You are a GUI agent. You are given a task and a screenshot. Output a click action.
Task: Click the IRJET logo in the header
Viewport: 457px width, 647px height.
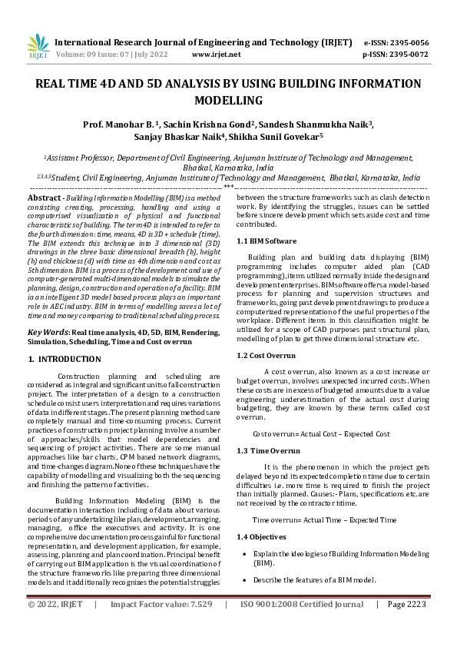(x=38, y=46)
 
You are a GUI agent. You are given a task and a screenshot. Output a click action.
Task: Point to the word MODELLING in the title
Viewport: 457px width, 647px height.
(x=228, y=101)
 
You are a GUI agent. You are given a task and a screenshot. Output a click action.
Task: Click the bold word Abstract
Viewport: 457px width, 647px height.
(x=45, y=198)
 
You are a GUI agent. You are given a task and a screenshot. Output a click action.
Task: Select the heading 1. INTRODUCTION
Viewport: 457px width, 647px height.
(x=65, y=359)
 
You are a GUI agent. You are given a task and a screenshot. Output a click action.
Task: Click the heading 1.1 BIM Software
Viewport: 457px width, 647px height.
(x=267, y=241)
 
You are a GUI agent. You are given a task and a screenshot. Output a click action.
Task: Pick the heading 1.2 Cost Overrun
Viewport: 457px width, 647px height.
(x=266, y=355)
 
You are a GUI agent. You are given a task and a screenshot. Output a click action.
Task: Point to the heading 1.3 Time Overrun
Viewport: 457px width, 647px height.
(x=267, y=450)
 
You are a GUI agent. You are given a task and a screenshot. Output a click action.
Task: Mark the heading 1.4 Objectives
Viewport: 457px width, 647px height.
(x=262, y=536)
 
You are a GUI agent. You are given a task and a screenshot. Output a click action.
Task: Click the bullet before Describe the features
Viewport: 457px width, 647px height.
(x=244, y=579)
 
